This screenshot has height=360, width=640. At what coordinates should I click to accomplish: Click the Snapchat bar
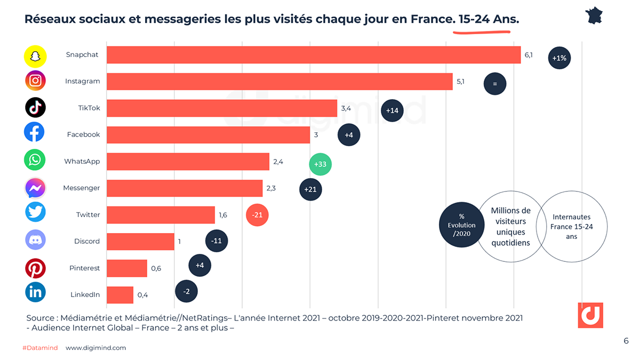click(314, 55)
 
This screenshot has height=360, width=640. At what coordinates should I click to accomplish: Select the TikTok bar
click(222, 108)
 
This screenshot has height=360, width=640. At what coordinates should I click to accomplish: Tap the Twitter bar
click(161, 215)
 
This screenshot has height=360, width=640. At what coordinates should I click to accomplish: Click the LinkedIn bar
click(120, 295)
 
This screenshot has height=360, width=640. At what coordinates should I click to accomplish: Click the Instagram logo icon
click(35, 81)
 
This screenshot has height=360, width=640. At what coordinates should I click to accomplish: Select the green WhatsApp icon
click(35, 160)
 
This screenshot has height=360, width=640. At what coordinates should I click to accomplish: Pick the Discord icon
click(35, 241)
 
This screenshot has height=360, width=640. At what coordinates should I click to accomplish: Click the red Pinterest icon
click(35, 268)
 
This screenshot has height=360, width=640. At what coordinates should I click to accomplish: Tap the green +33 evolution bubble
click(320, 164)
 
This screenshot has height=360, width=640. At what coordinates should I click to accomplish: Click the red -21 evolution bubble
click(257, 215)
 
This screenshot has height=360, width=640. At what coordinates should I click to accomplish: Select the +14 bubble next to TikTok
click(392, 110)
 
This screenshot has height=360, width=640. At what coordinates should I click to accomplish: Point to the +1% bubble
click(559, 58)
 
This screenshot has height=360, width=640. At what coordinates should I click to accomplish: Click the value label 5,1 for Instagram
click(460, 82)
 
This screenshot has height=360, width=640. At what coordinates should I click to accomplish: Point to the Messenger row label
click(81, 188)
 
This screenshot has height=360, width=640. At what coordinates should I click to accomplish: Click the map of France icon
click(594, 15)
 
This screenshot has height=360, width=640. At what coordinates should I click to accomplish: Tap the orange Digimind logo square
click(590, 315)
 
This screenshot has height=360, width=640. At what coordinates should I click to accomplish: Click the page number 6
click(626, 341)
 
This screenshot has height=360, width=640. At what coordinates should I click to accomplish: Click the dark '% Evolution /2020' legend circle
click(461, 225)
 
